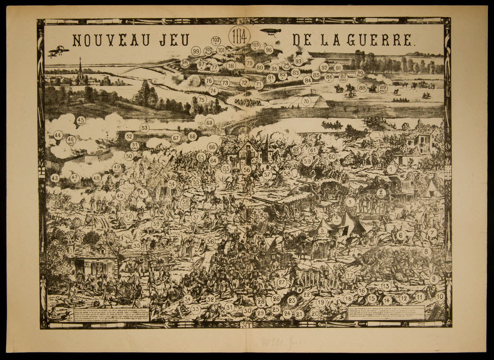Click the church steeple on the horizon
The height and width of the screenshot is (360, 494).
[x=80, y=69]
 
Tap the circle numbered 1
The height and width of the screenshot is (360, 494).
[x=391, y=169]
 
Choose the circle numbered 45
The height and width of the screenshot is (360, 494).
[x=81, y=121]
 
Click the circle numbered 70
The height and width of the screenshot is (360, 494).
[x=306, y=101]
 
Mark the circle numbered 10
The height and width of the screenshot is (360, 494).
[x=440, y=297]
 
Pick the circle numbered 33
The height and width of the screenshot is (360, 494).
[x=196, y=309]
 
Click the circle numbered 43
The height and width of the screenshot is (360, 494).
[x=55, y=178]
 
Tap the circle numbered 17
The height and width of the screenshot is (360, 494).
[x=350, y=275]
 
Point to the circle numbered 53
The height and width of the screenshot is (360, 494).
[x=144, y=128]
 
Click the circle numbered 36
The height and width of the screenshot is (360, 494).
[x=210, y=241]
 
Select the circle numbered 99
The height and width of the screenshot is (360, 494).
[x=196, y=51]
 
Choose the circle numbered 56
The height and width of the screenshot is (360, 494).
[x=246, y=170]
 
